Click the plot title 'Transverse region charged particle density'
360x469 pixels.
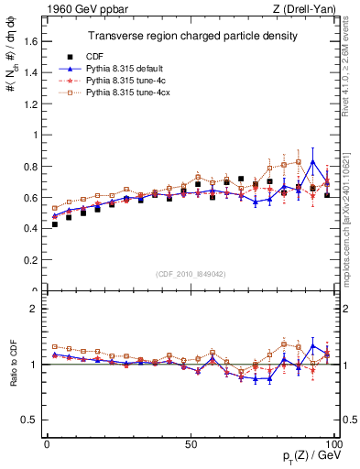191,36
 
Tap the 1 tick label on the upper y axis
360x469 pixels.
37,135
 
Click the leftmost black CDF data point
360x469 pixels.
55,224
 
